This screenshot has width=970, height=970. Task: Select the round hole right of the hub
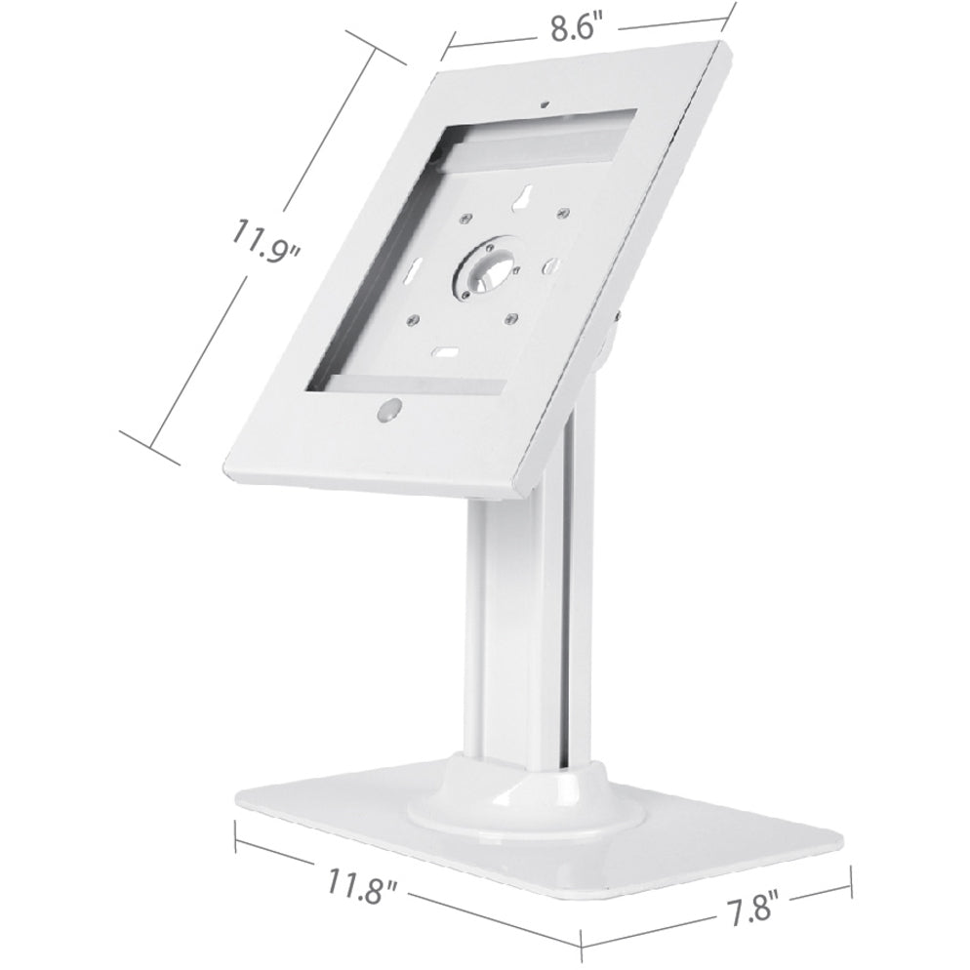[548, 265]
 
